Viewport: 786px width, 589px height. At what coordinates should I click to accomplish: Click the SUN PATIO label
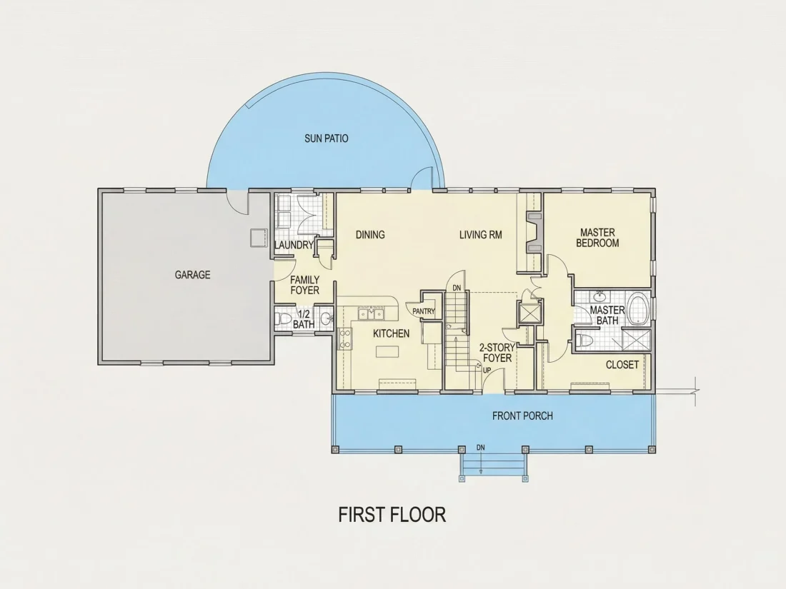click(x=327, y=139)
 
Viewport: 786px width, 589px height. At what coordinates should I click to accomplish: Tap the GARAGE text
click(x=192, y=274)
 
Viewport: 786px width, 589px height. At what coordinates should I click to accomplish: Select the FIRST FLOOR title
click(x=392, y=515)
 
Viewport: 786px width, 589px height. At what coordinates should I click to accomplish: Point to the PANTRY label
click(x=424, y=311)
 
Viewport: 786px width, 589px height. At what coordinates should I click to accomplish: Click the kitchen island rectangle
click(x=387, y=351)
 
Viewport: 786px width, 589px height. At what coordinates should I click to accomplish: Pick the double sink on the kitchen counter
click(x=371, y=314)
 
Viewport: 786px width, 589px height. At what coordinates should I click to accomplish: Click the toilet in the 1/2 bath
click(x=283, y=319)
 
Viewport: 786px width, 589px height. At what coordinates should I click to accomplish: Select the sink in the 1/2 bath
click(x=327, y=318)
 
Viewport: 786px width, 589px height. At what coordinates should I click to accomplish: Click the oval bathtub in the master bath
click(x=638, y=310)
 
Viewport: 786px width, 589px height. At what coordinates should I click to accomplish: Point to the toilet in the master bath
click(x=584, y=341)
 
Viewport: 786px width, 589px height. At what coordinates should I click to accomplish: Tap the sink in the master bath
click(x=599, y=296)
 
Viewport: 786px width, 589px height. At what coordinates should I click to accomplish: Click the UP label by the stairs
click(x=487, y=371)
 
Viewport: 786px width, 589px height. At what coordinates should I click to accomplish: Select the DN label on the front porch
click(x=481, y=448)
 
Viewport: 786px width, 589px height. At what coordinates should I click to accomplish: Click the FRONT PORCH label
click(x=522, y=416)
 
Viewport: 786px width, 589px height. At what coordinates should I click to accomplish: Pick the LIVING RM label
click(x=481, y=234)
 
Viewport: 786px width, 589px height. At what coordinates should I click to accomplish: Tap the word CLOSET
click(x=622, y=365)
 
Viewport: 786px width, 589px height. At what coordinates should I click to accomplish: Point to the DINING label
click(x=370, y=234)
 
